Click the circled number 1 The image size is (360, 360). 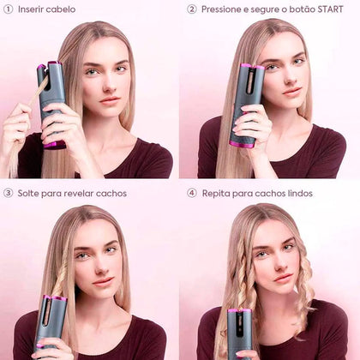tap(9, 9)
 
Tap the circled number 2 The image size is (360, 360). tap(192, 9)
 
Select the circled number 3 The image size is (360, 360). tap(9, 193)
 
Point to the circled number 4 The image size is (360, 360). tap(192, 193)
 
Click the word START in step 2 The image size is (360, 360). tap(330, 9)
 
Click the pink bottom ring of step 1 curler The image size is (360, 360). tap(54, 145)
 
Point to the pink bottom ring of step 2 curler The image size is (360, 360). tap(242, 144)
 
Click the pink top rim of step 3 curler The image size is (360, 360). tap(55, 298)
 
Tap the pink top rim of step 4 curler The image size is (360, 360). tap(239, 310)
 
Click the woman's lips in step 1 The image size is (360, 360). tap(110, 100)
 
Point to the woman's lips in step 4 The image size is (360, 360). tap(283, 278)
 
